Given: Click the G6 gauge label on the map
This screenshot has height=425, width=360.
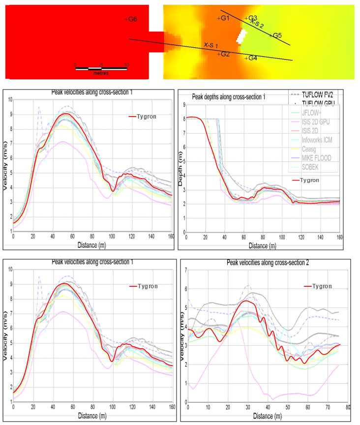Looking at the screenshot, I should coord(131,19).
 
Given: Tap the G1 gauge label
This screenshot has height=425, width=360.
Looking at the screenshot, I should coord(224,18).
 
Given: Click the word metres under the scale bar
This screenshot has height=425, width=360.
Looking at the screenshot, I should coord(100,73).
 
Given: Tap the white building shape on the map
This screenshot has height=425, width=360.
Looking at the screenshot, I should coord(241,36).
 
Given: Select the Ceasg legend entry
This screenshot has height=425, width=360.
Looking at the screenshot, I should coord(310,150).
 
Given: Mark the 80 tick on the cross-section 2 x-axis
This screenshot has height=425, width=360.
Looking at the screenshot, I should coord(348,408).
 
